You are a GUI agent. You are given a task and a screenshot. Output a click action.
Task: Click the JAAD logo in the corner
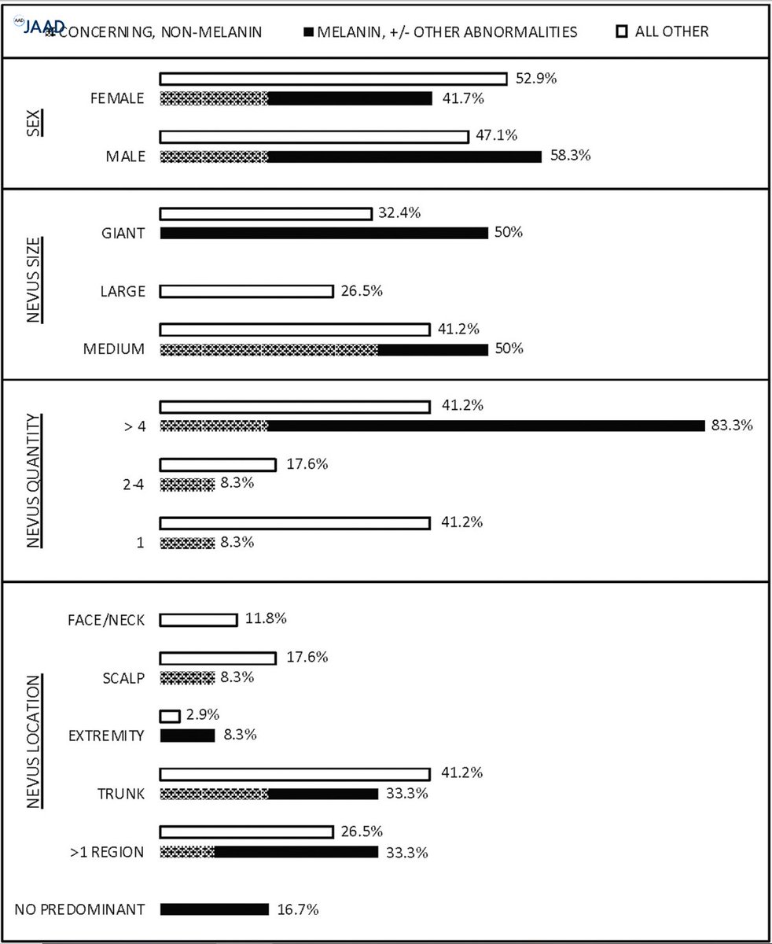38,25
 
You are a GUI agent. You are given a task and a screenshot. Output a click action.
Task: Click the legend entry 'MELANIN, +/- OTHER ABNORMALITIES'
439,32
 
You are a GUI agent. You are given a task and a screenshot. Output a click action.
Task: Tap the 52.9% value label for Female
536,79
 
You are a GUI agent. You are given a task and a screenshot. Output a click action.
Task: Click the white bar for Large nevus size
246,291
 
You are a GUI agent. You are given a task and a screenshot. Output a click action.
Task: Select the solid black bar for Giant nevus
324,233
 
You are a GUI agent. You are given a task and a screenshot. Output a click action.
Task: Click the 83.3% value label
733,426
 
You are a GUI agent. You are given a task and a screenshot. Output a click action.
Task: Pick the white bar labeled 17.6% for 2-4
218,465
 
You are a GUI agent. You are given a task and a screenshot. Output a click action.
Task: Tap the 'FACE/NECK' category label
106,620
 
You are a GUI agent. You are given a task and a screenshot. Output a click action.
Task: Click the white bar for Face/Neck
198,620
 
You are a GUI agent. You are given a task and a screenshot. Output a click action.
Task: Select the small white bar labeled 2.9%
170,716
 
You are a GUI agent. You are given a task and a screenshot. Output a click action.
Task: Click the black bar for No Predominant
215,909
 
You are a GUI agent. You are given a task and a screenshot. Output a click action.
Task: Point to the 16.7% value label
298,909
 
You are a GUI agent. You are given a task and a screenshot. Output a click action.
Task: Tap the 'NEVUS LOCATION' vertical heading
33,741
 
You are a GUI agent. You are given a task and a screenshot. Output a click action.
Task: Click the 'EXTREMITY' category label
106,736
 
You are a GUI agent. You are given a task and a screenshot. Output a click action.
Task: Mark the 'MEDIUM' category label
114,349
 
